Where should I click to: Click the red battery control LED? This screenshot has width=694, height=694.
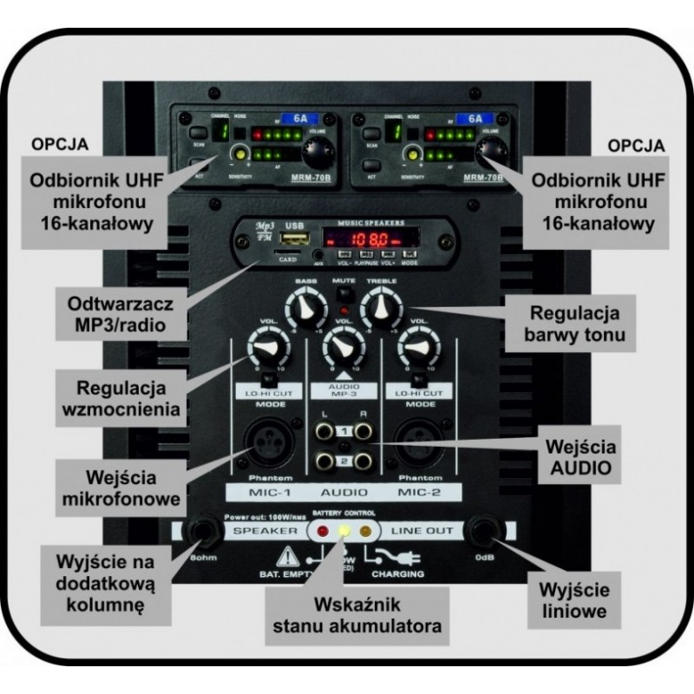324,529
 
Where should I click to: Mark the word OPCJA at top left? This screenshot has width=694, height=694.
57,144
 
